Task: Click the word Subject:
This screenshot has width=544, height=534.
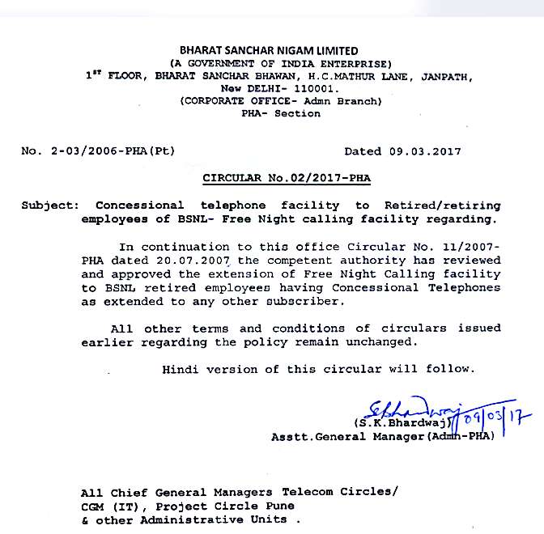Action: (x=51, y=206)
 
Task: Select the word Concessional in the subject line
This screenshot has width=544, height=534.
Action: (x=140, y=206)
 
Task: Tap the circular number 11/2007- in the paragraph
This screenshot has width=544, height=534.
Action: (x=464, y=247)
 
